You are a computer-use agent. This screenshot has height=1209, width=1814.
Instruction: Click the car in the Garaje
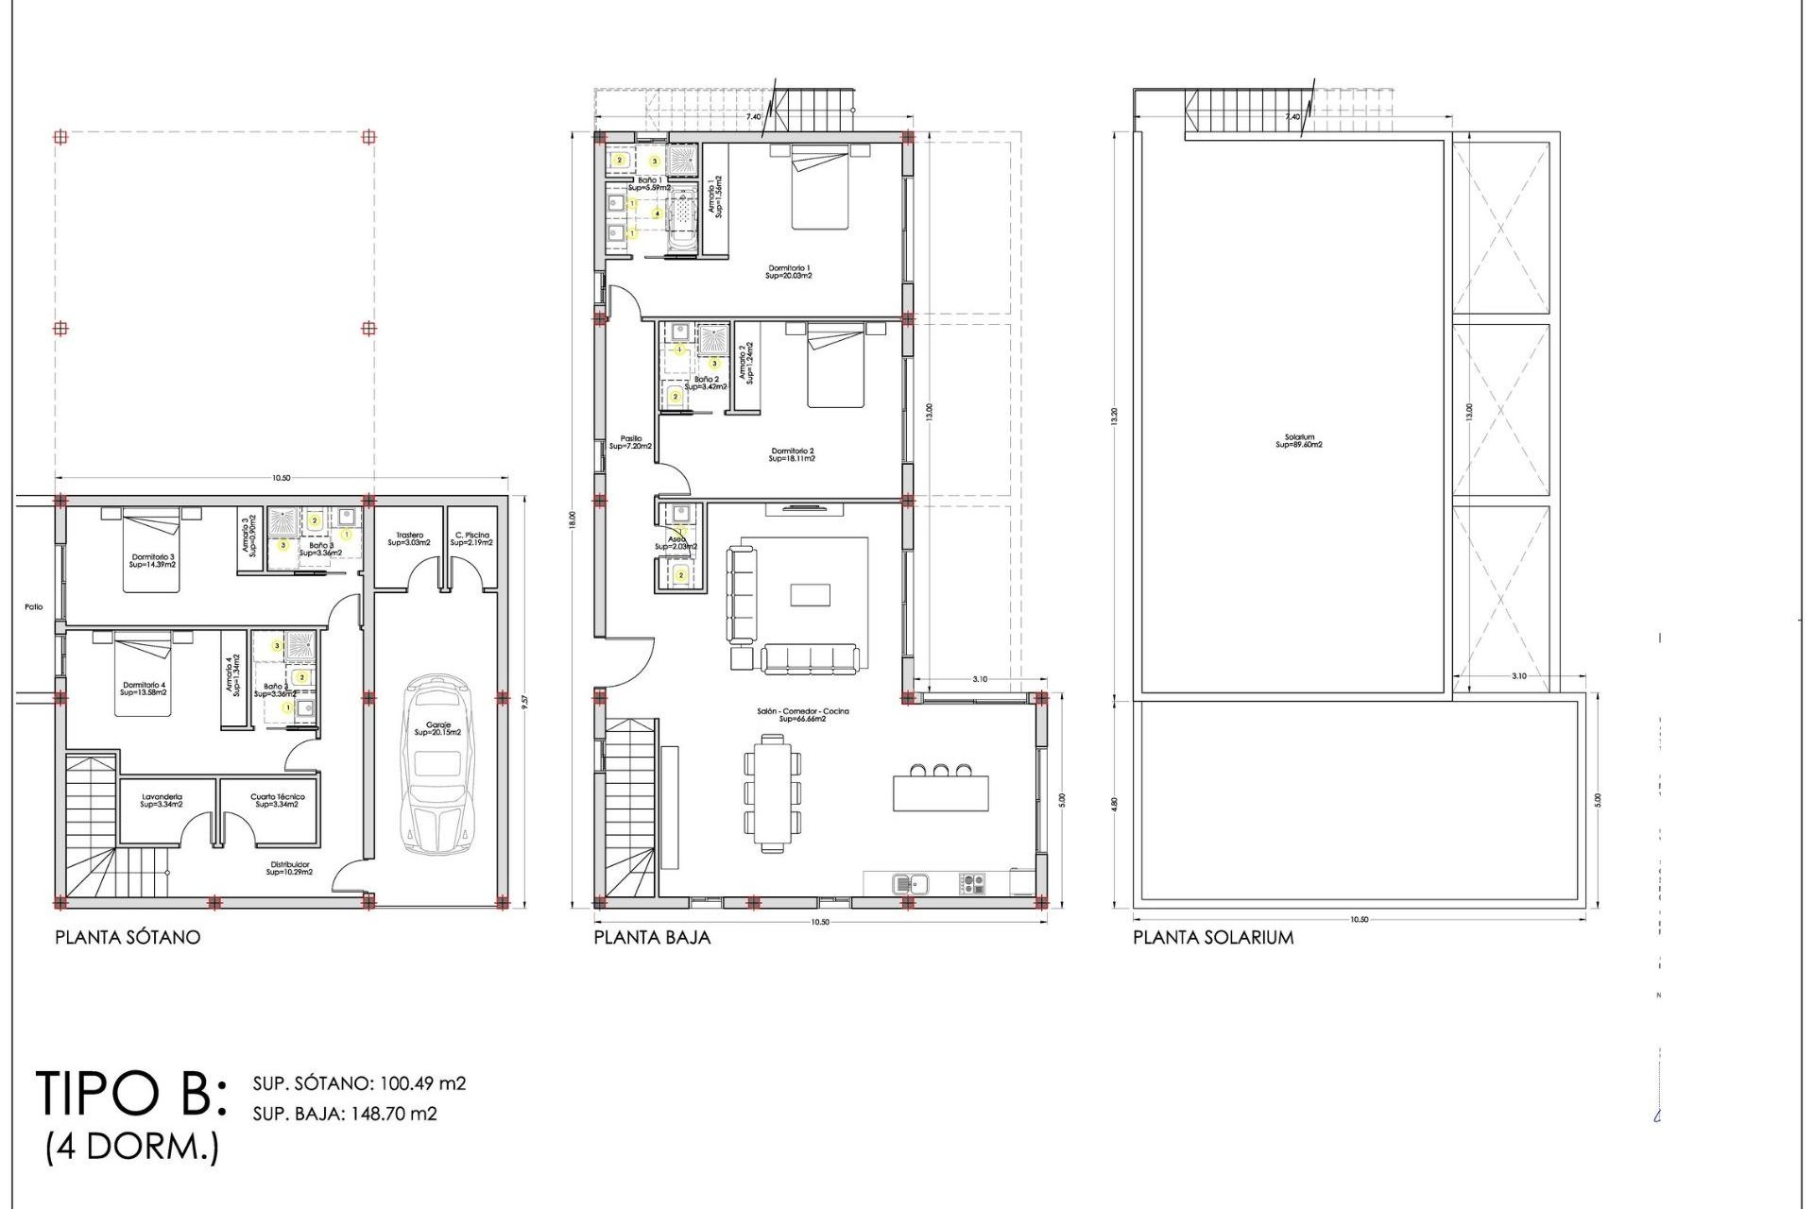(437, 764)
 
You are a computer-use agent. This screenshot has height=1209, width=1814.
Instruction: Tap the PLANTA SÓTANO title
(128, 938)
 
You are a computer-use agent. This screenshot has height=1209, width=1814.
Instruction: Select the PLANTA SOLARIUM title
(1213, 938)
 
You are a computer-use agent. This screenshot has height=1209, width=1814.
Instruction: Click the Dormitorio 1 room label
(789, 272)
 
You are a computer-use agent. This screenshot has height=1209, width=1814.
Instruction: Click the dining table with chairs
(772, 794)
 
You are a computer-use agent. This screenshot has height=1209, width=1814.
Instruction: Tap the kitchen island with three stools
(940, 790)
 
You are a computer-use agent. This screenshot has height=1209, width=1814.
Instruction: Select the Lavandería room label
(162, 800)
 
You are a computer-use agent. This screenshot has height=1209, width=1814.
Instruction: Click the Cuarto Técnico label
(277, 800)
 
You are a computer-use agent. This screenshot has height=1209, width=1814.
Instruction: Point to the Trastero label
(409, 538)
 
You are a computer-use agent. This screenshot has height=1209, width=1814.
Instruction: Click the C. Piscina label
(471, 538)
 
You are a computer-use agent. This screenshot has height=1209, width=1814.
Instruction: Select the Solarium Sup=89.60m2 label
(1299, 441)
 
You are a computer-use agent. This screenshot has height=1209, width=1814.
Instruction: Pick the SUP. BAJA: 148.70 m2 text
(345, 1115)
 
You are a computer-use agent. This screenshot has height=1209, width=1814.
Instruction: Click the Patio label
(34, 607)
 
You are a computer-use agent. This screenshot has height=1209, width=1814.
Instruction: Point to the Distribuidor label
(289, 868)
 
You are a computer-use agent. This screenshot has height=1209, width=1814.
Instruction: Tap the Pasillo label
(630, 442)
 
